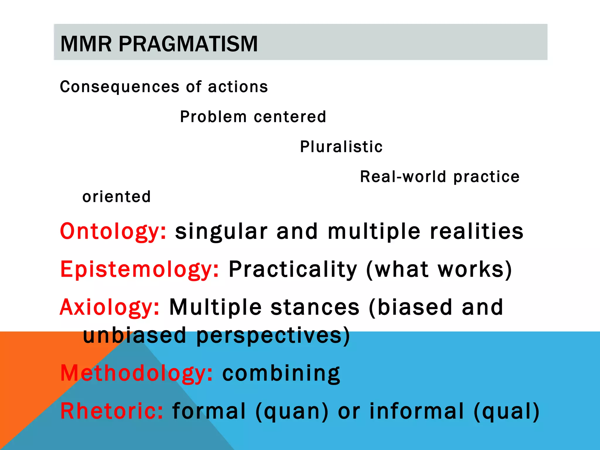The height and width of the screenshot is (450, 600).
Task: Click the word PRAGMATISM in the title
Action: (188, 44)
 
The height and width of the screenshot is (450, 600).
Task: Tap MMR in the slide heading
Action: (86, 44)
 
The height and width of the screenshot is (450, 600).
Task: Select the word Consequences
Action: (120, 87)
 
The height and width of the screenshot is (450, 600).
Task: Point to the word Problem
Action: (213, 117)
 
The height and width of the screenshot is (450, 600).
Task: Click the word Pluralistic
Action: (341, 146)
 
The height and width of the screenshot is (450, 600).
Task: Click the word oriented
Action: (117, 197)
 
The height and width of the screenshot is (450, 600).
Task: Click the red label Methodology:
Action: (137, 374)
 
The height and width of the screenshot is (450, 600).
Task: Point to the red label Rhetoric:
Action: (112, 411)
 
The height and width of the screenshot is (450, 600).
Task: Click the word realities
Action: (477, 231)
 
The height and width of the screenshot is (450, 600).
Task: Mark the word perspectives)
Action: (273, 335)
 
